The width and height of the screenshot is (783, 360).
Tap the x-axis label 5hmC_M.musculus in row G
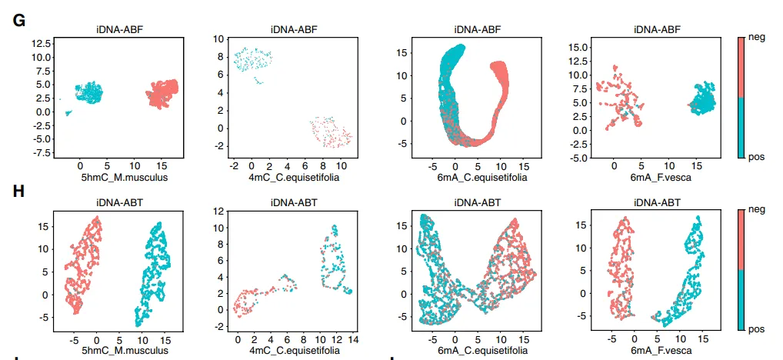coord(118,177)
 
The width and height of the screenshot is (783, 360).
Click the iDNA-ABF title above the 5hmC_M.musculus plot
coord(118,30)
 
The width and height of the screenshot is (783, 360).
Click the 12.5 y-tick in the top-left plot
coord(41,43)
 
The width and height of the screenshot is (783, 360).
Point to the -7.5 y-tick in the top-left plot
coord(41,152)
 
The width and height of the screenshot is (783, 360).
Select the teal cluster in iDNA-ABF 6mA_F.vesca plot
coord(702,99)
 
